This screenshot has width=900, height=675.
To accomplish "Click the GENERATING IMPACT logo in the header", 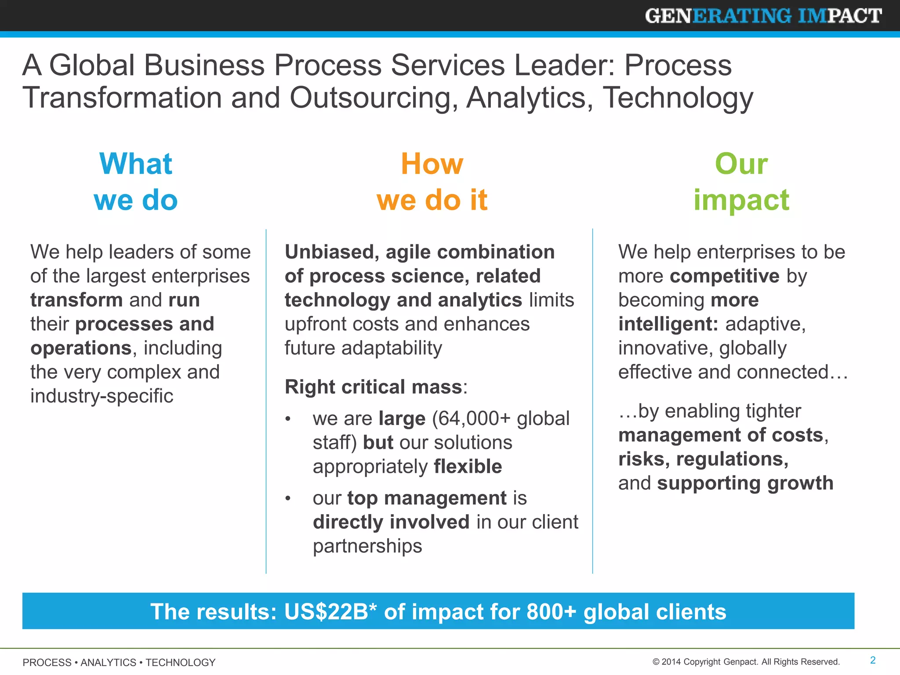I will (x=763, y=16).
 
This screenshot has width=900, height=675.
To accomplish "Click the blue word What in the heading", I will (x=136, y=163).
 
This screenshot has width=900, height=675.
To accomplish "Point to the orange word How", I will (x=432, y=163).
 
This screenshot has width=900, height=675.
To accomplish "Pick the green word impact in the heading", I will (x=741, y=200).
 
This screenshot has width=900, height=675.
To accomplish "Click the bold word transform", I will (x=76, y=300).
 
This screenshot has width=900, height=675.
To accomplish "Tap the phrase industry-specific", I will (x=102, y=396).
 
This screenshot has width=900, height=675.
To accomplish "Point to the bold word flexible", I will (x=468, y=466).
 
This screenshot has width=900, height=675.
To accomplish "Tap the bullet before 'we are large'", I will (x=288, y=419).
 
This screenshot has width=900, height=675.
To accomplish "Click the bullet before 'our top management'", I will (x=288, y=498).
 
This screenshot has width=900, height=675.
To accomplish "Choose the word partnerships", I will (x=367, y=546).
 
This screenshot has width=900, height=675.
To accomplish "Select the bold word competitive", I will (x=725, y=276).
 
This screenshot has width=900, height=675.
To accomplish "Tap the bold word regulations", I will (x=732, y=459).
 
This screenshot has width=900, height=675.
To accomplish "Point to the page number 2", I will (x=873, y=660).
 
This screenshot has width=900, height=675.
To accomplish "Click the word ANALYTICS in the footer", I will (x=108, y=662).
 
